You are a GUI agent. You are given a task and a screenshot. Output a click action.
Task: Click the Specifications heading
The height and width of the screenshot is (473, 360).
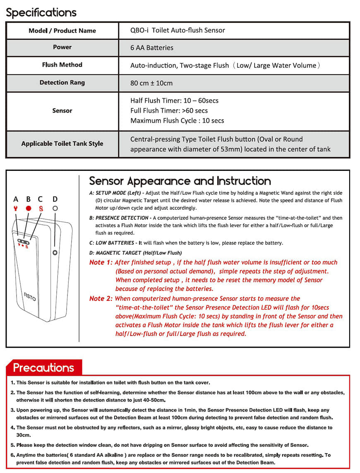[x=41, y=12]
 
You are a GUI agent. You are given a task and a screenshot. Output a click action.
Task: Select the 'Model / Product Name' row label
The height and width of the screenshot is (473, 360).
[x=62, y=31]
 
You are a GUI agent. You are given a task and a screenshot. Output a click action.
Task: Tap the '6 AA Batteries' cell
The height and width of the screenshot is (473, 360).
[x=151, y=48]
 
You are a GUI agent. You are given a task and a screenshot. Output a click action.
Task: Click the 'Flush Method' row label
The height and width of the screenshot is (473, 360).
[x=62, y=65]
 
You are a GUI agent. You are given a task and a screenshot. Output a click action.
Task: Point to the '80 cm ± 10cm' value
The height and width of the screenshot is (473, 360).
[x=151, y=83]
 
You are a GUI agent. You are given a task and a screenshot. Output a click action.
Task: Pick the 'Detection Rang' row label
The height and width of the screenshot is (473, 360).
[x=62, y=83]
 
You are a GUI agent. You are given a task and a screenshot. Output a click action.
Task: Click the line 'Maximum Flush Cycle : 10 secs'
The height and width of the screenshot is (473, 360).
[x=177, y=120]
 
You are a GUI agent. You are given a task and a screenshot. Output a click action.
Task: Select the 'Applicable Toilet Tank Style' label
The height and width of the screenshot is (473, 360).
[x=62, y=144]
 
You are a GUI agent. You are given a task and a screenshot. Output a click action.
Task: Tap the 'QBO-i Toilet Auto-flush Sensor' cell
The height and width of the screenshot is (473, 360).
[x=178, y=30]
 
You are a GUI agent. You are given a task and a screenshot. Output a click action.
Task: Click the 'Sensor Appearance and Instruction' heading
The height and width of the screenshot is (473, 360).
[x=180, y=181]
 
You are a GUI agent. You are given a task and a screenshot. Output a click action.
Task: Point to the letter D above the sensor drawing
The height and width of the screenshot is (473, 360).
[x=55, y=199]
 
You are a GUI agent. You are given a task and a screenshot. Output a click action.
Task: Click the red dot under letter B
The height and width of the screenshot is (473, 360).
[x=29, y=208]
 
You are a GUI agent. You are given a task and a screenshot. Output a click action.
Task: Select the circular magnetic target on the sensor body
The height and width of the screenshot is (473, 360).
[x=55, y=252]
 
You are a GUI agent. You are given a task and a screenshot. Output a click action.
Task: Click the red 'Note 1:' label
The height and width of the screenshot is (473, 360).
[x=101, y=262]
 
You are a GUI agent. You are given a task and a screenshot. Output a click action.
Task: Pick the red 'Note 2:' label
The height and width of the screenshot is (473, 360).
[x=101, y=298]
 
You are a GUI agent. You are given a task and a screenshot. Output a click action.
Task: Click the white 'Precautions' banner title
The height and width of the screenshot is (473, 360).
[x=43, y=367]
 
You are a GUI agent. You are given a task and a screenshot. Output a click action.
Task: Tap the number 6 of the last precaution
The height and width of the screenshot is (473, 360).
[x=13, y=455]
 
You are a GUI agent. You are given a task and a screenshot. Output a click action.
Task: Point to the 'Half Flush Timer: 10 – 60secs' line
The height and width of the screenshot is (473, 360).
[x=174, y=101]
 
